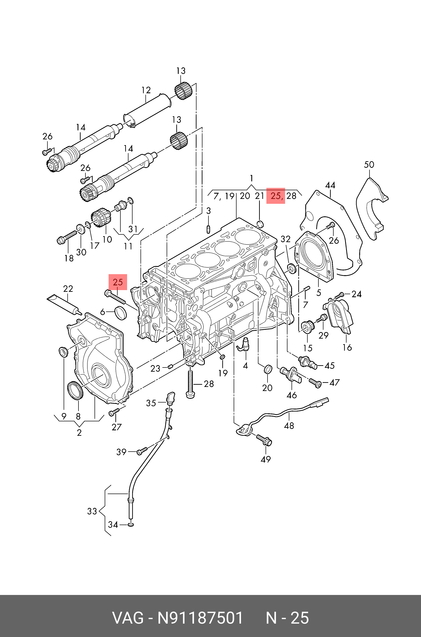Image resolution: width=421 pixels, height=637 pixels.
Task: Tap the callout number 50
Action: coord(369,164)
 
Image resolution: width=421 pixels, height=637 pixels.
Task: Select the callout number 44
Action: coord(330,185)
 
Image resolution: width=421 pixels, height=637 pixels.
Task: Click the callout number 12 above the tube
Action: coord(146,90)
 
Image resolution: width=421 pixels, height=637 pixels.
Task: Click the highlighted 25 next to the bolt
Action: coord(118,282)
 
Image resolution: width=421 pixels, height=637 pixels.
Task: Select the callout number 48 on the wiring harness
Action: coord(289,426)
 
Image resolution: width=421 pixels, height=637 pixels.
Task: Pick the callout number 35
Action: coord(151,403)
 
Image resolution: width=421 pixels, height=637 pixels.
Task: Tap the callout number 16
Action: coord(347,347)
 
